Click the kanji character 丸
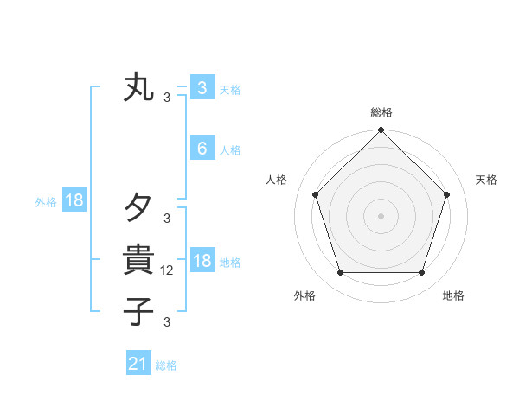coord(138,88)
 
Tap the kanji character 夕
coord(138,207)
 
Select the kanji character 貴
coord(138,259)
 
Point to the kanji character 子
coord(138,311)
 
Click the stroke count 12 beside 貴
coord(169,270)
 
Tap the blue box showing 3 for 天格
coord(202,88)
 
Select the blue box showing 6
coord(202,149)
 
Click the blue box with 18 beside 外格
coord(74,201)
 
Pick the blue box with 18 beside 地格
coord(202,261)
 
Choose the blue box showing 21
coord(138,364)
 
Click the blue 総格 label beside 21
coord(166,365)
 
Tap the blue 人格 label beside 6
coord(230,150)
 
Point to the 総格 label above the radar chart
coord(381,112)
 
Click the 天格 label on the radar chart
coord(487,180)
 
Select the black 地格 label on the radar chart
coord(453,296)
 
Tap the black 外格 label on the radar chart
coord(304,296)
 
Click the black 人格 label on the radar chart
coord(276,180)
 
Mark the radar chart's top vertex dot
coord(381,131)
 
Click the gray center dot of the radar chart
coord(381,216)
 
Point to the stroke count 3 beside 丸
coord(167,98)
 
